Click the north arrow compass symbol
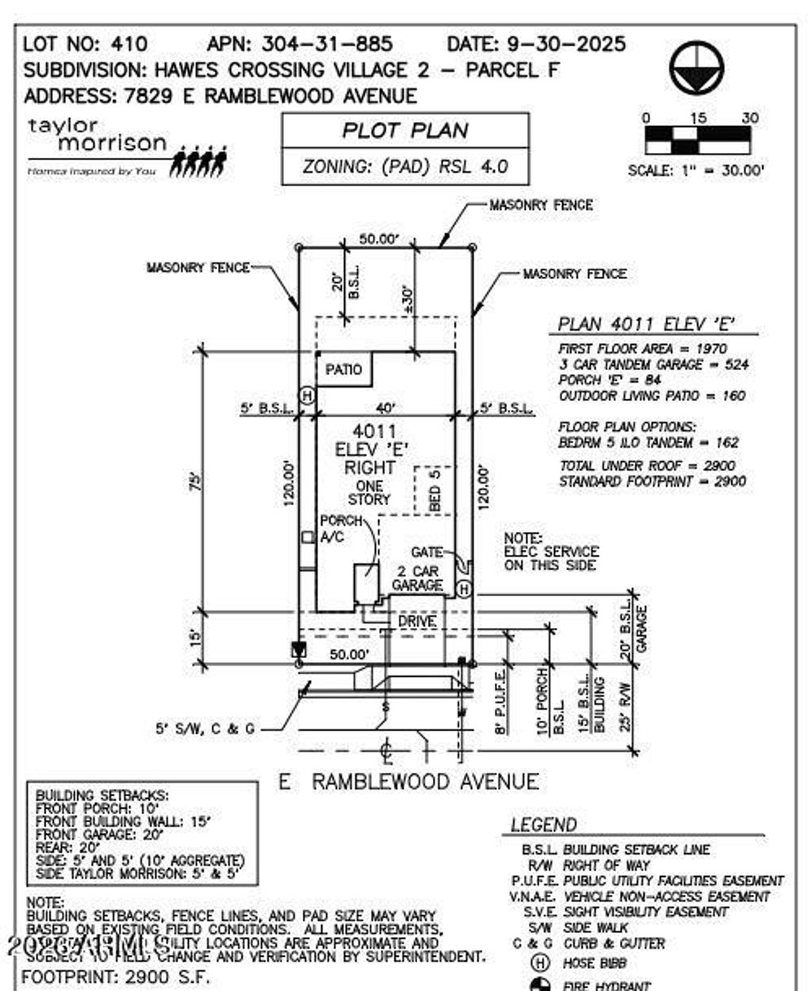[696, 67]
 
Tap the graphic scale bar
[697, 140]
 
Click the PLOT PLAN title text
[405, 130]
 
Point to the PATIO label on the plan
[343, 369]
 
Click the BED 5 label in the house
[435, 490]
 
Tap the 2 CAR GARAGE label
[417, 578]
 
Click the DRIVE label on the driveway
[417, 621]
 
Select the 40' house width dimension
[386, 407]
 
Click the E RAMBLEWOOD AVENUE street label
[409, 782]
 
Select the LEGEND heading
[544, 825]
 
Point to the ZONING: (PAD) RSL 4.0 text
[405, 166]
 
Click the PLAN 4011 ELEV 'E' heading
[646, 323]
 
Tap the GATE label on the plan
[427, 552]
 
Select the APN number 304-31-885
[327, 44]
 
